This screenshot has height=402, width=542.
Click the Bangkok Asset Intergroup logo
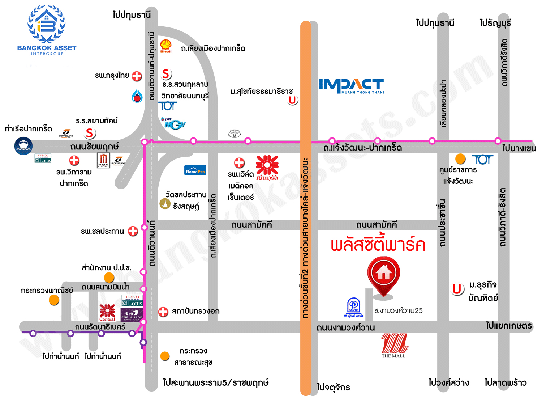pyautogui.click(x=47, y=30)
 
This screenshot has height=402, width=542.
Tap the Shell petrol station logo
pyautogui.click(x=166, y=46)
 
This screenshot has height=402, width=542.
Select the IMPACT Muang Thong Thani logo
pyautogui.click(x=351, y=86)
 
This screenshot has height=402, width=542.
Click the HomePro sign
pyautogui.click(x=195, y=170)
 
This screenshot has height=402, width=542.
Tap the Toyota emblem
pyautogui.click(x=234, y=134)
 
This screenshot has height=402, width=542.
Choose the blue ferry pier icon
pyautogui.click(x=23, y=146)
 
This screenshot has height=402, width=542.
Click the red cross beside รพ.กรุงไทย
pyautogui.click(x=137, y=76)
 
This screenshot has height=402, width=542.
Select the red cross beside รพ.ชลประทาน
pyautogui.click(x=133, y=231)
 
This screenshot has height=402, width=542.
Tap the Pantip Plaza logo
pyautogui.click(x=353, y=308)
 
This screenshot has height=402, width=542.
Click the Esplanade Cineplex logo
pyautogui.click(x=132, y=315)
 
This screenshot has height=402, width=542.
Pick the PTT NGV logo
pyautogui.click(x=173, y=123)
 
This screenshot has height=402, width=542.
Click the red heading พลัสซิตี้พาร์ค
pyautogui.click(x=378, y=245)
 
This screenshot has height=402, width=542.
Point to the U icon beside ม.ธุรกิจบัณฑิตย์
pyautogui.click(x=457, y=289)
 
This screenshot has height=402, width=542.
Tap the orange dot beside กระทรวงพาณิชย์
pyautogui.click(x=54, y=300)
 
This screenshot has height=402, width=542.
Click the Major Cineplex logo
pyautogui.click(x=103, y=160)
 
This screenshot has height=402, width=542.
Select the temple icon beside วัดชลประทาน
pyautogui.click(x=165, y=204)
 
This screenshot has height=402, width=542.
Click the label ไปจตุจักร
pyautogui.click(x=333, y=388)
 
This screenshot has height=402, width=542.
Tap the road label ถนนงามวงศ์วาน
pyautogui.click(x=345, y=328)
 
